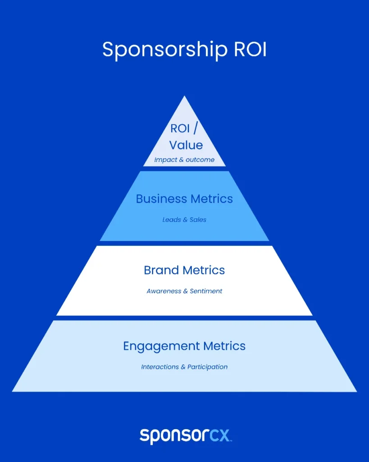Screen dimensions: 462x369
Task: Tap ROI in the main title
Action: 250,49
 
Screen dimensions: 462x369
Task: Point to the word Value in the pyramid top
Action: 186,145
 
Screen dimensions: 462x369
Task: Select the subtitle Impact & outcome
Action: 184,160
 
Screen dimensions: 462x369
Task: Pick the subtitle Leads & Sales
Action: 184,220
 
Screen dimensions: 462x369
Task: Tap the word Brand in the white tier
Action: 162,270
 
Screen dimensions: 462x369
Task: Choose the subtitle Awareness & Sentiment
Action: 184,291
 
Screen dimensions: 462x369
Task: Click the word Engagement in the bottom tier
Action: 161,346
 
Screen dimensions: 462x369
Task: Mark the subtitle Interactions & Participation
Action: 184,367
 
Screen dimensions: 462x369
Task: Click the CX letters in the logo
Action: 220,435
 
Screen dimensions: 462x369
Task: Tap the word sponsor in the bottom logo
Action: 174,436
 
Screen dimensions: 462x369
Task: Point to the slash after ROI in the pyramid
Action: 196,129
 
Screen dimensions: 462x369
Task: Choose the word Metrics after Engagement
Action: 224,346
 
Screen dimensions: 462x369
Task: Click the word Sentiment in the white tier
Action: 205,291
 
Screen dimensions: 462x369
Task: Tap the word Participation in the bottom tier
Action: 207,367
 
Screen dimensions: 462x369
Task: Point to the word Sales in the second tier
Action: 198,220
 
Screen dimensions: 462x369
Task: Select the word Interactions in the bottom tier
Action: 160,367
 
